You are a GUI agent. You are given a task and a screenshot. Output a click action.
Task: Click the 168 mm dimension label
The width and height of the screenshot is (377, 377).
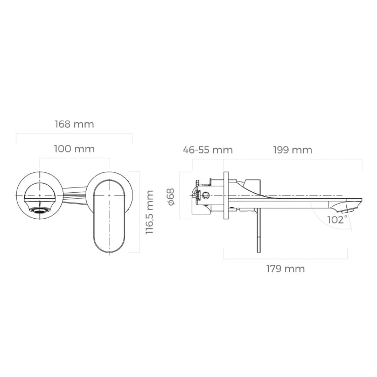pos(74,124)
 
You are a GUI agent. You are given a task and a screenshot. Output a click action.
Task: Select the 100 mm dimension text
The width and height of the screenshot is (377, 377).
pos(74,149)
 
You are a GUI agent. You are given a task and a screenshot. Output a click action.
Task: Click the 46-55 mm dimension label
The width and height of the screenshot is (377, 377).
pos(207,150)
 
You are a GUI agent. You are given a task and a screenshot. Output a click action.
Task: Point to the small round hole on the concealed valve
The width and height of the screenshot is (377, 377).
pos(205,194)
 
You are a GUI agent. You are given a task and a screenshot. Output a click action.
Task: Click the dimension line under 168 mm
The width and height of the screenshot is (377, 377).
pos(74,134)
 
